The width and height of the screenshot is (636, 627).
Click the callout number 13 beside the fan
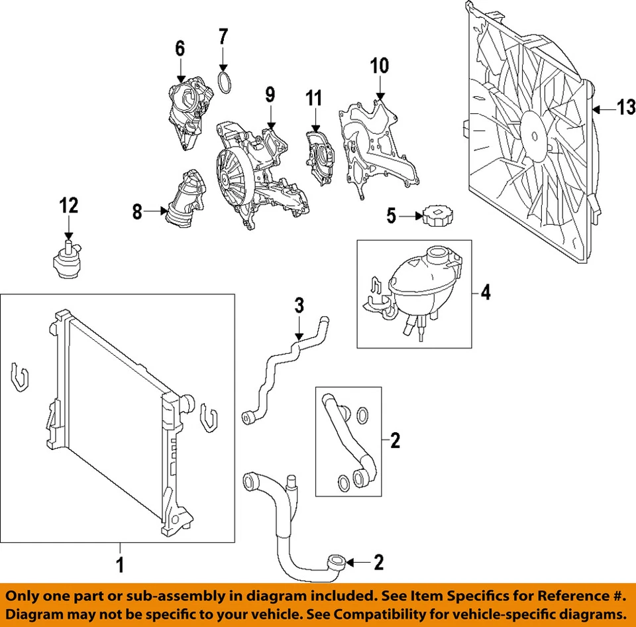pos(625,107)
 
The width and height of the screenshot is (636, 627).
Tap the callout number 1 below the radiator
pos(120,565)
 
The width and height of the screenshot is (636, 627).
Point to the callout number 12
pos(69,205)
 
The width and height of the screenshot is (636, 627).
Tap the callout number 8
pos(137,212)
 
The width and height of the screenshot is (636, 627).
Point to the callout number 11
pos(313,99)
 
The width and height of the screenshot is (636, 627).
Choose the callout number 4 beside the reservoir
pos(486,292)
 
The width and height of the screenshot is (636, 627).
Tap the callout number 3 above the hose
pos(299,306)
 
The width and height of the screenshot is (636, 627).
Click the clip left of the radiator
pos(21,377)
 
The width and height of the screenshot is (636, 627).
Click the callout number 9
pos(270,95)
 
